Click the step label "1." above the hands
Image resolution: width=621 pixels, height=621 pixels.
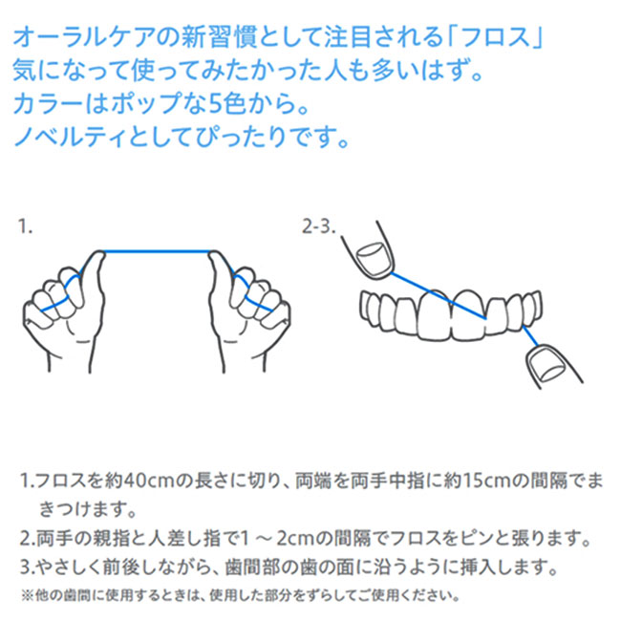pos(25,226)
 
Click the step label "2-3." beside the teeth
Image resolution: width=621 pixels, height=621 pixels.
pos(319,226)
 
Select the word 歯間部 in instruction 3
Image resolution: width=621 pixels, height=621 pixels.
pos(250,567)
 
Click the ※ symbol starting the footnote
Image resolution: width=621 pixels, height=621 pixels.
pos(28,595)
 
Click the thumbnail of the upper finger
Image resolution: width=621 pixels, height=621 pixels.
pos(374,260)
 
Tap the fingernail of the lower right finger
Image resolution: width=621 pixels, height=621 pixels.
pos(548,364)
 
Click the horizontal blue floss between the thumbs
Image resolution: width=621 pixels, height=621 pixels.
pos(158,251)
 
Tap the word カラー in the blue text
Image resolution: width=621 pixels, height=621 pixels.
pos(48,104)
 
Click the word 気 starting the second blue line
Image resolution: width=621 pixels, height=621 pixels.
pos(25,71)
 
